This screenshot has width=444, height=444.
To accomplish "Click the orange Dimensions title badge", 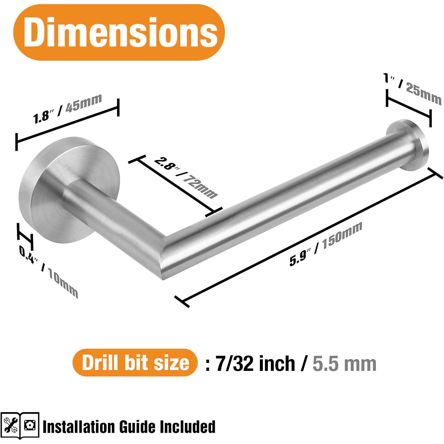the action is coord(119,32).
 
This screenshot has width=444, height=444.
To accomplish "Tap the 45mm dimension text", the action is coord(84,103).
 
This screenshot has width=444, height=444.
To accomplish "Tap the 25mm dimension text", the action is coord(424,92).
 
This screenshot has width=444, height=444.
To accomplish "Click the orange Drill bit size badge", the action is coord(135,363).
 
